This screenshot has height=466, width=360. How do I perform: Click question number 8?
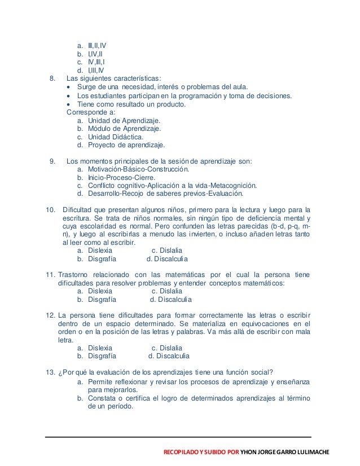click(x=53, y=78)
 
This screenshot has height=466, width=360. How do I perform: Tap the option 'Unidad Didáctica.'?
click(x=115, y=136)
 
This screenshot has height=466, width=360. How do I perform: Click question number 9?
click(x=53, y=160)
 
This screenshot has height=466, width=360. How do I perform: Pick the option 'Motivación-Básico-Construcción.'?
click(x=139, y=168)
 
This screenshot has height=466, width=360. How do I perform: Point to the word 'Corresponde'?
click(x=86, y=112)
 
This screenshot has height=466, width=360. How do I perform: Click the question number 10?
click(x=51, y=211)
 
